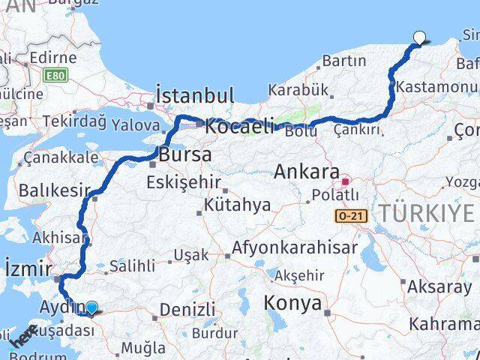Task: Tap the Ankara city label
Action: click(306, 172)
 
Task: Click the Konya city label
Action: click(292, 304)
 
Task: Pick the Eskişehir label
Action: click(184, 182)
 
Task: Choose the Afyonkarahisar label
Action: click(285, 247)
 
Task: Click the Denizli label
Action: click(187, 309)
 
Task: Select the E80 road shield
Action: click(53, 76)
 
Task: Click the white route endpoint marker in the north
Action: click(419, 37)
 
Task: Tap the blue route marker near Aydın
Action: click(91, 307)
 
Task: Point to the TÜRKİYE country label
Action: click(427, 214)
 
